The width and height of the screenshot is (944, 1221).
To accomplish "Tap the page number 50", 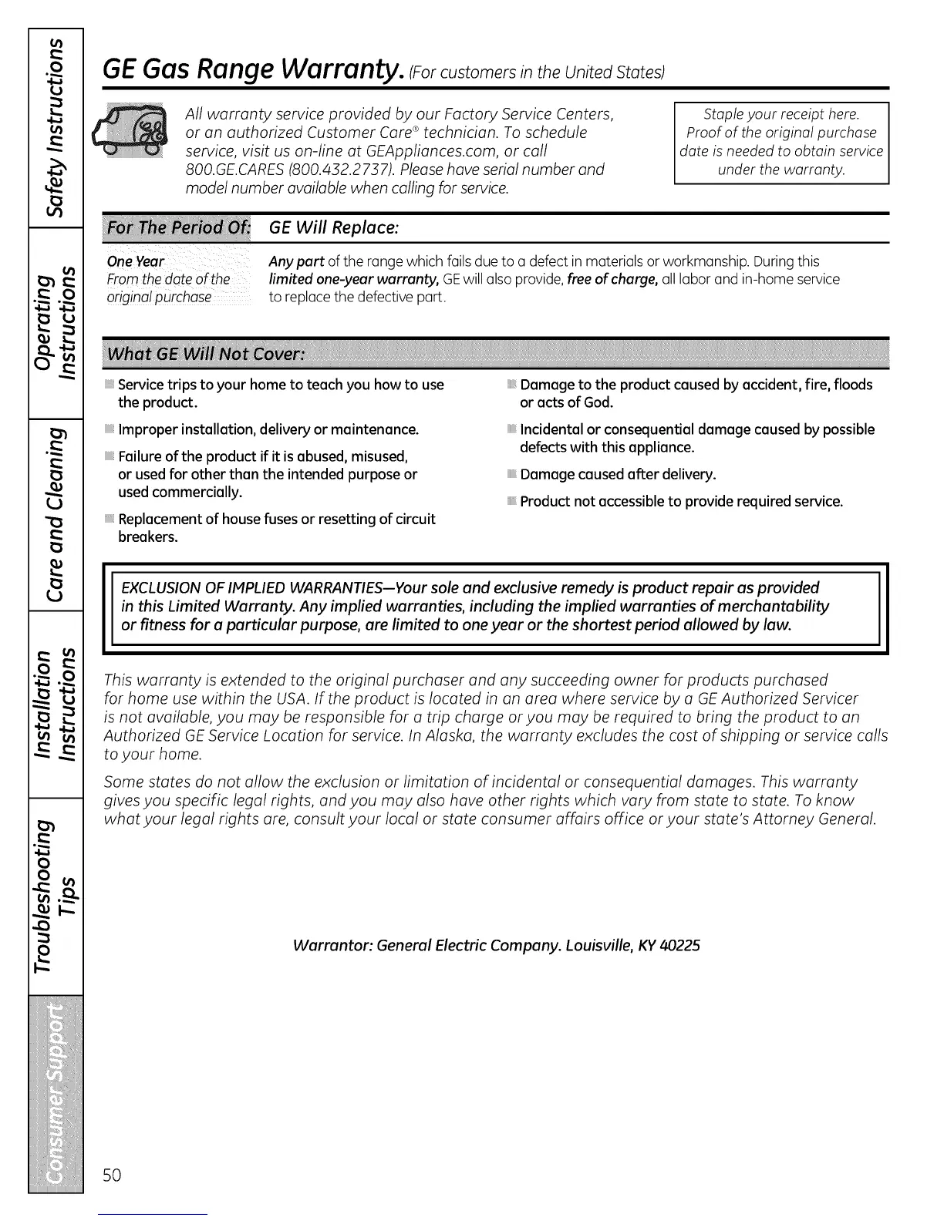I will pyautogui.click(x=113, y=1175).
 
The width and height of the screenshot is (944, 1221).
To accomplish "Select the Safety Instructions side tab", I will pyautogui.click(x=56, y=128).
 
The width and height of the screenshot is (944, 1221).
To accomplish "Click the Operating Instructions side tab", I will pyautogui.click(x=56, y=324).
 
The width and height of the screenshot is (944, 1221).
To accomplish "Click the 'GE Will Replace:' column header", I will pyautogui.click(x=333, y=228).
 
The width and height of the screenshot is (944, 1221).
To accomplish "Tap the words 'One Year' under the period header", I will pyautogui.click(x=136, y=261).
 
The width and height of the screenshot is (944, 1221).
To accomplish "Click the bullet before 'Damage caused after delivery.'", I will pyautogui.click(x=511, y=475).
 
